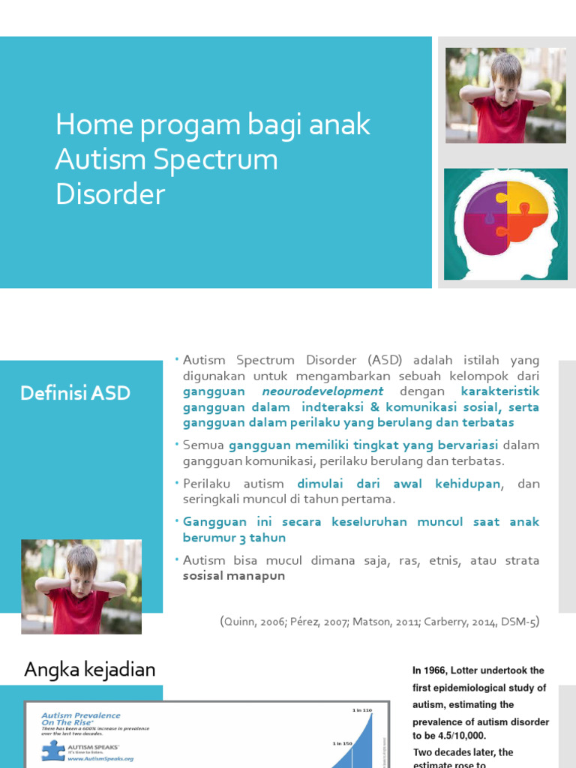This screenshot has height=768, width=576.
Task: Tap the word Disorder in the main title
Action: [109, 194]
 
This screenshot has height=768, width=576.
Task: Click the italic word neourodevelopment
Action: [322, 391]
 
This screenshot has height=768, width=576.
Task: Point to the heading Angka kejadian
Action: [89, 669]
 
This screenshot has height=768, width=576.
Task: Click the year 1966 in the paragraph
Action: [434, 670]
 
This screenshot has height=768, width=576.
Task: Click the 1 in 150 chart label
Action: [343, 743]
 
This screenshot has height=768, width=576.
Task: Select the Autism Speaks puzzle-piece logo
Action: [53, 750]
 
